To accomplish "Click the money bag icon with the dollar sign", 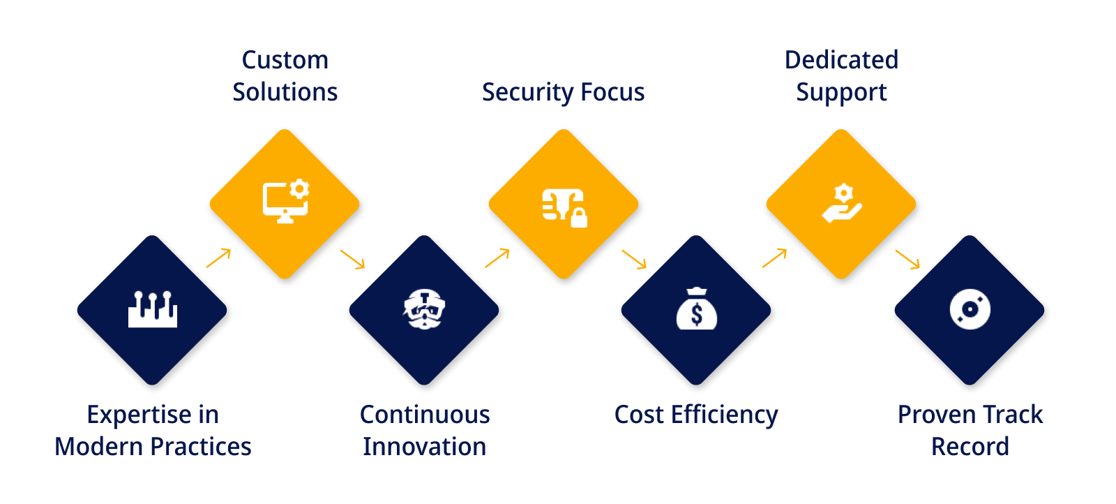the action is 697,309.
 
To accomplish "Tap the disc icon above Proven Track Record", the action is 970,309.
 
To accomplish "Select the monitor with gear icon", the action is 286,201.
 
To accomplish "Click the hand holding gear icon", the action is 841,203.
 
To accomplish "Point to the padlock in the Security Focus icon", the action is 578,218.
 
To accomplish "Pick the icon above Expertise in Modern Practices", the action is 153,309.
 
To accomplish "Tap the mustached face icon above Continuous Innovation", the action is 424,309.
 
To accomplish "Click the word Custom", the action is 285,60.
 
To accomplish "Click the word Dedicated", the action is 841,60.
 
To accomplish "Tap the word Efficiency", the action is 725,415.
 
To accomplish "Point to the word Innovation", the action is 425,446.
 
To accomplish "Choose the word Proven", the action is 928,415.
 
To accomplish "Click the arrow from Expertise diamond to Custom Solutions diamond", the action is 219,258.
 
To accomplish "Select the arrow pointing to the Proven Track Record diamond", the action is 907,259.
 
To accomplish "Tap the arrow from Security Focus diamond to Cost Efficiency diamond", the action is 634,259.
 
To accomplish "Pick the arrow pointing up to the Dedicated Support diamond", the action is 775,258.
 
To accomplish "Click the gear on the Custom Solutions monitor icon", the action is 299,189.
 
